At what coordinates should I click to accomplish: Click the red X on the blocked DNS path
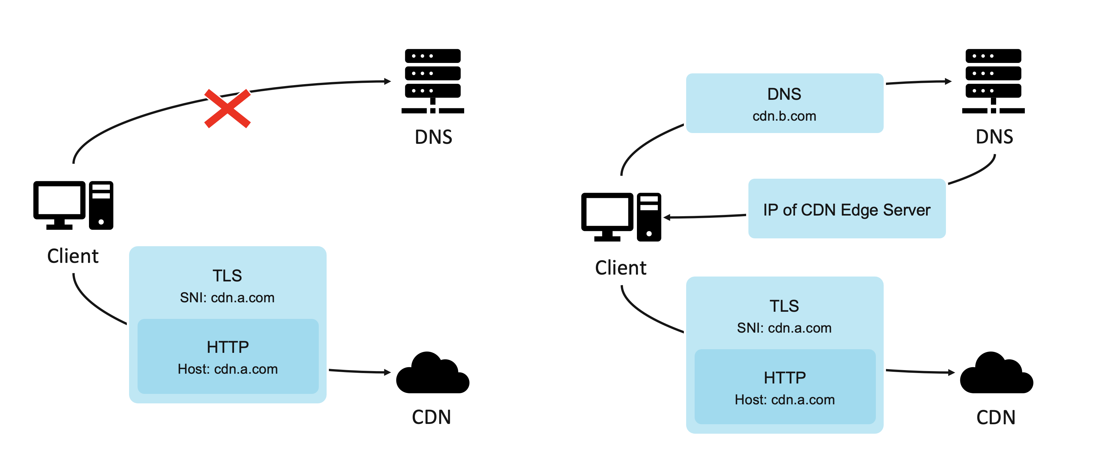pyautogui.click(x=228, y=108)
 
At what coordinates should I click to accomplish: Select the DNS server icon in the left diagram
pyautogui.click(x=433, y=81)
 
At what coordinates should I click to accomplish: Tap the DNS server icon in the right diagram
pyautogui.click(x=993, y=81)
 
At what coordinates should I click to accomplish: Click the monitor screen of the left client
pyautogui.click(x=60, y=201)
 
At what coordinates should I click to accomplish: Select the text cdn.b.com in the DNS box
pyautogui.click(x=784, y=116)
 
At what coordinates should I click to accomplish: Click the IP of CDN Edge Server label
pyautogui.click(x=847, y=210)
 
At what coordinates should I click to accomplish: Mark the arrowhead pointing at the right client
pyautogui.click(x=667, y=217)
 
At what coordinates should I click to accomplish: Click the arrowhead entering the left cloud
pyautogui.click(x=387, y=372)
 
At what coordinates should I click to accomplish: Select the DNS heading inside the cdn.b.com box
pyautogui.click(x=784, y=94)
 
